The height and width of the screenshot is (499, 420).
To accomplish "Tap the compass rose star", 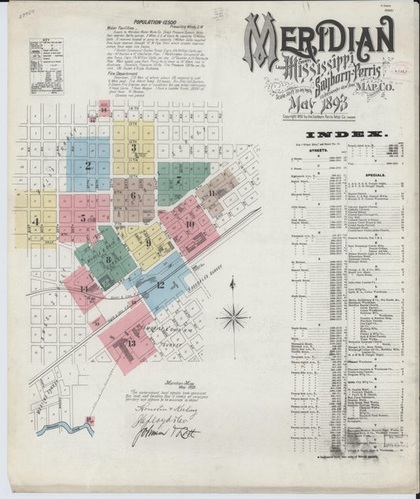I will (233, 318).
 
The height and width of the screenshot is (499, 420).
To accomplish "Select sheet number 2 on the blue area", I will (88, 165).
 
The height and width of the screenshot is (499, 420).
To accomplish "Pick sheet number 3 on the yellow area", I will (133, 148).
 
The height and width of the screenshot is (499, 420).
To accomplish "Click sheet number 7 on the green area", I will (179, 180).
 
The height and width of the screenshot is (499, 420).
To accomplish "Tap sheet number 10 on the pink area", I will (189, 224).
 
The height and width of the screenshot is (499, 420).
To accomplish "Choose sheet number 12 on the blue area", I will (160, 284).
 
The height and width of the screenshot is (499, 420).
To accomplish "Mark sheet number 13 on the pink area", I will (131, 343).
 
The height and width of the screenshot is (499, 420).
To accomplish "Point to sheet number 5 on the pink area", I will (83, 208).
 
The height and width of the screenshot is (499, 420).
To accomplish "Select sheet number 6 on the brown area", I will (133, 195).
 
